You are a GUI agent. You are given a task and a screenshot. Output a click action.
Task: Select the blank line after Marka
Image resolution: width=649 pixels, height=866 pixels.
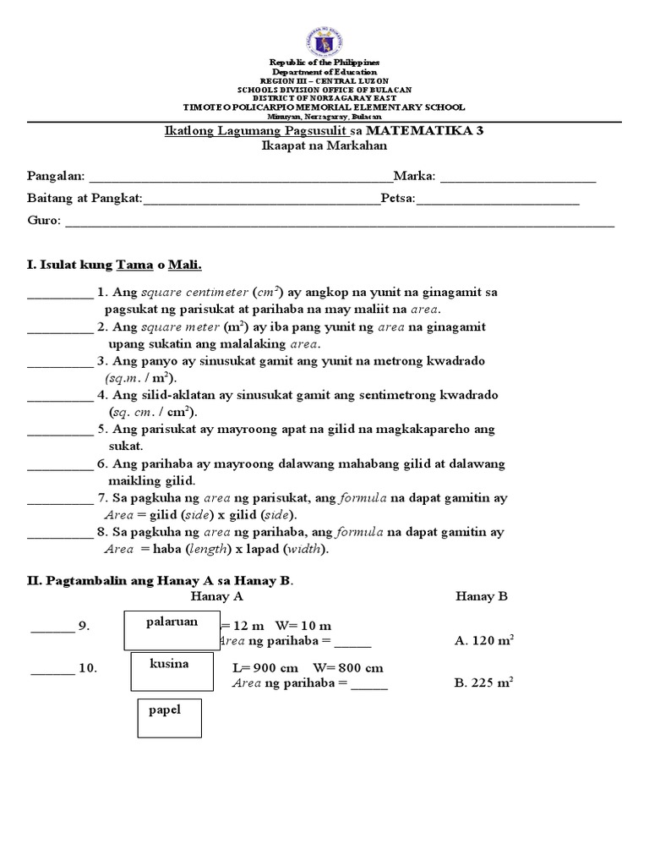517,179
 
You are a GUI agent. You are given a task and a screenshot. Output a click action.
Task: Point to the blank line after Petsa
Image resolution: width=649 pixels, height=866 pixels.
498,201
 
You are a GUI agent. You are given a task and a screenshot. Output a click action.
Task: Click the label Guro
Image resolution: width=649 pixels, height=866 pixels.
43,221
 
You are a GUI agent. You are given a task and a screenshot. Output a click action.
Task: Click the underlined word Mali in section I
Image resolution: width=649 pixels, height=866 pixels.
185,265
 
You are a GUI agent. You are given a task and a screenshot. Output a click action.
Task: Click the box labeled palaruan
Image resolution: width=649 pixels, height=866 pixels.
172,630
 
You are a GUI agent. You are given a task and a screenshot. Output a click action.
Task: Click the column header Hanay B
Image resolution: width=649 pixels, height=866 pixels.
481,596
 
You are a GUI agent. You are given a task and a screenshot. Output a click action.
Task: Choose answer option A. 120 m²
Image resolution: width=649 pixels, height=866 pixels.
484,641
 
